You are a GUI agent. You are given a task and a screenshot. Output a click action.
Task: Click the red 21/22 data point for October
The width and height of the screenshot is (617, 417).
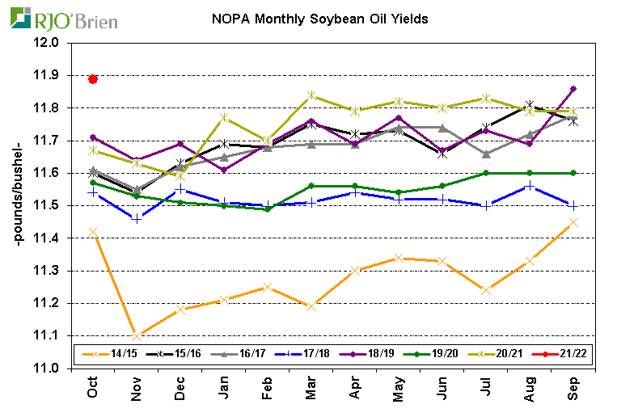pyautogui.click(x=93, y=79)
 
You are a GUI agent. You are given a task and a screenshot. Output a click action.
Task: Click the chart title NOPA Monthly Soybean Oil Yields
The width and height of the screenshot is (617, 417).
pyautogui.click(x=319, y=17)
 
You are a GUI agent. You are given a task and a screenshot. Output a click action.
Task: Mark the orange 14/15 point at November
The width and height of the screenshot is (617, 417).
pyautogui.click(x=137, y=335)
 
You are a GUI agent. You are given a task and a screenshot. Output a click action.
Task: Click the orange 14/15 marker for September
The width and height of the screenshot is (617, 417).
pyautogui.click(x=573, y=221)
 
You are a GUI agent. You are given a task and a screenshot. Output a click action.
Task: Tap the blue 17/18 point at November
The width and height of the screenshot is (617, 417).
pyautogui.click(x=137, y=218)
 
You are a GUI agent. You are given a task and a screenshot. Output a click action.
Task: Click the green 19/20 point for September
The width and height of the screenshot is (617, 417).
pyautogui.click(x=573, y=173)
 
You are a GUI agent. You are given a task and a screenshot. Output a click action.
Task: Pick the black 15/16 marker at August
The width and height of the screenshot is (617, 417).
pyautogui.click(x=529, y=105)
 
